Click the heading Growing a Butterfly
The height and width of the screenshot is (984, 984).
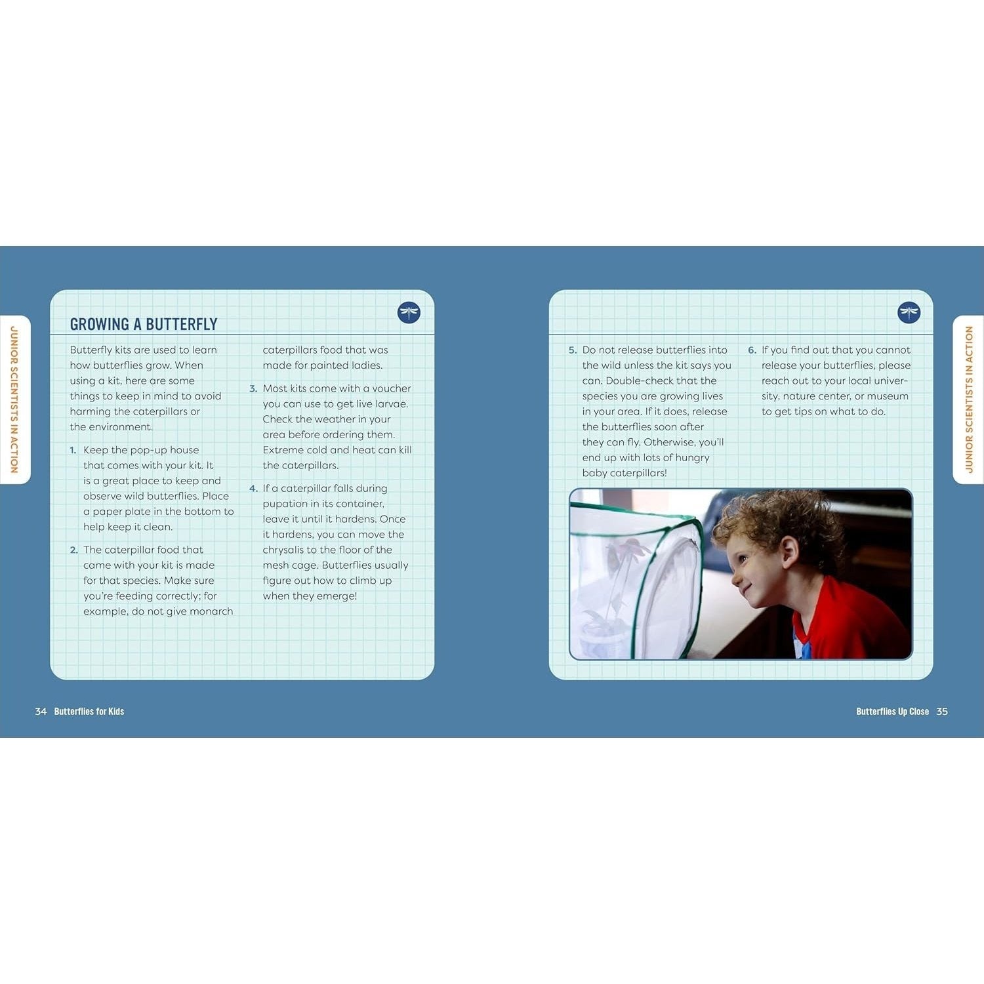tap(144, 324)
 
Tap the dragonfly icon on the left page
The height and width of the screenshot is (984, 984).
tap(409, 312)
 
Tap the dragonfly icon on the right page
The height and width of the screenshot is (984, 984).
tap(909, 312)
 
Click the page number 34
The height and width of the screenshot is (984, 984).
tap(41, 711)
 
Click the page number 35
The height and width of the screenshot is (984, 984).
tap(942, 711)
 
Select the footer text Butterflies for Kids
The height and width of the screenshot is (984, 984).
tap(89, 711)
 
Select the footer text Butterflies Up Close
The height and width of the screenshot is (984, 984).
tap(892, 711)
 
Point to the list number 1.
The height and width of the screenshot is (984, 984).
tap(73, 450)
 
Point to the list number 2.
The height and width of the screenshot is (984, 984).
tap(73, 550)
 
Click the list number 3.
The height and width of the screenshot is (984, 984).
tap(253, 388)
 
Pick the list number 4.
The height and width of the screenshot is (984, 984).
tap(253, 488)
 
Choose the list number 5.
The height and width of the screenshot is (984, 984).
tap(573, 350)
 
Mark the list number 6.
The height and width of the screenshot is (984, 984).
tap(752, 350)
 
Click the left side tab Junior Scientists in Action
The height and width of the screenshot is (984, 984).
tap(14, 400)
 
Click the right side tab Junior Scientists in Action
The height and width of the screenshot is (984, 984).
tap(969, 400)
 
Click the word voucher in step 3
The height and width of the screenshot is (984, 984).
tap(392, 388)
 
